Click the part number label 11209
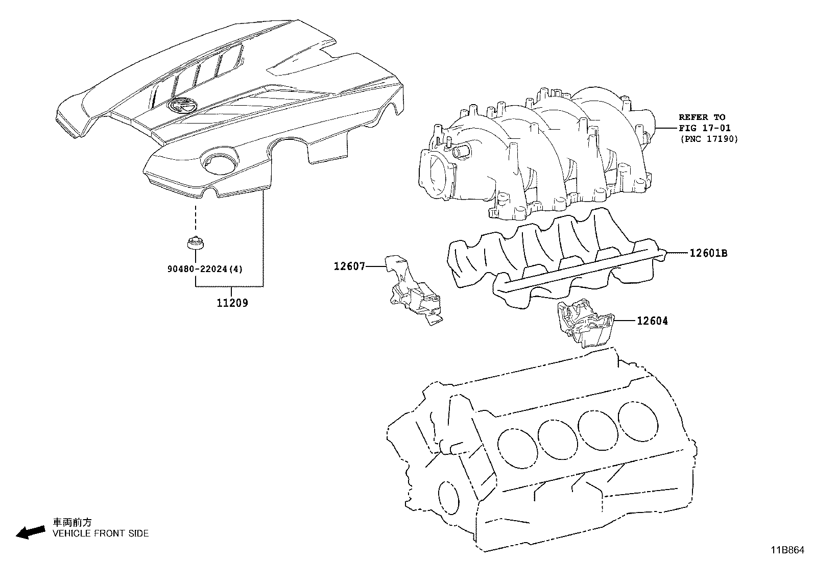click(x=232, y=303)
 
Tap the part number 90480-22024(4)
click(x=205, y=269)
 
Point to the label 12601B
click(x=708, y=253)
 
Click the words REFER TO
click(x=702, y=117)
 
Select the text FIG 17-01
click(x=704, y=128)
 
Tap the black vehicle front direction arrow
click(x=30, y=533)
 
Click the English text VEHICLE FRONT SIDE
click(x=101, y=533)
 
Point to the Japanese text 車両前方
click(x=73, y=522)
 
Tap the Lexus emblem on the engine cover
click(x=182, y=106)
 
